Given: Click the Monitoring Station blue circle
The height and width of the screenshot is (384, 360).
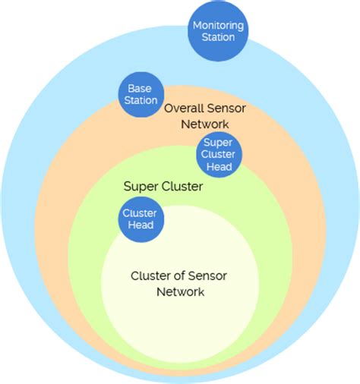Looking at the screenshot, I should [218, 31].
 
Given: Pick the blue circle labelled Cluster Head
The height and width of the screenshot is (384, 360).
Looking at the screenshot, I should [141, 219].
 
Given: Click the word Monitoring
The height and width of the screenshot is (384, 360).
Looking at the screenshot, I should [218, 25].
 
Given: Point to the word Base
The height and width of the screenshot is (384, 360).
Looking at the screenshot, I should [140, 88].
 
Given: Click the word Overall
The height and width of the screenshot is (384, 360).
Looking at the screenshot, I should [185, 109].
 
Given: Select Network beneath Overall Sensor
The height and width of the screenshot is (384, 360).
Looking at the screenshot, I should [204, 124].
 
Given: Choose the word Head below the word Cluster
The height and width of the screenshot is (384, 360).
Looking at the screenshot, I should [141, 225].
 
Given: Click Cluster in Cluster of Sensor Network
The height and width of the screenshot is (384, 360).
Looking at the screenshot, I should [150, 275].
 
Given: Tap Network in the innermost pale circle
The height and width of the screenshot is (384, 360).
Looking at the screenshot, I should [180, 291].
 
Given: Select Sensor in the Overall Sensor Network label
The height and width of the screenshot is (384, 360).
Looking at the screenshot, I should [226, 109].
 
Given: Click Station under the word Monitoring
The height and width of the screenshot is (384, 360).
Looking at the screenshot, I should [218, 37].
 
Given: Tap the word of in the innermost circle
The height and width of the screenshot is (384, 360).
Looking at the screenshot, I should [181, 275].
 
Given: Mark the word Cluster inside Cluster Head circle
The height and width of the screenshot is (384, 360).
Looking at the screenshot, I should [141, 213].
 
